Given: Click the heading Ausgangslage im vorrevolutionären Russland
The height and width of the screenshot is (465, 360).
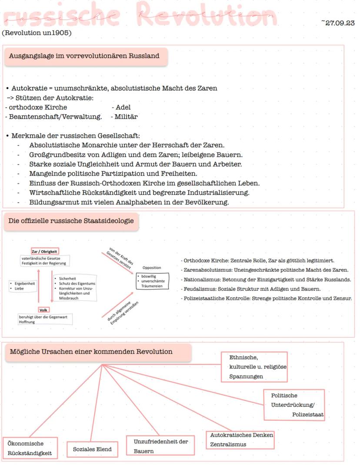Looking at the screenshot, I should pos(84,56).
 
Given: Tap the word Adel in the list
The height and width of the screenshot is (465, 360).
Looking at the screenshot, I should pos(123,107).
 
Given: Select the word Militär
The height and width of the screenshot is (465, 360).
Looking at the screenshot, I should pos(126,117).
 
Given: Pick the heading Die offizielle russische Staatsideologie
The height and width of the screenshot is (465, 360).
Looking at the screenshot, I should pos(71,221).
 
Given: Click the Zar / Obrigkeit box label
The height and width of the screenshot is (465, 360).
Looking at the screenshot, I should pos(45,251).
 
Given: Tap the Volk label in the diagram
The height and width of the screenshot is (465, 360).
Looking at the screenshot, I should pos(43,310).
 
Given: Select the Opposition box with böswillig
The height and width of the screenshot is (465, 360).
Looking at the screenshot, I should pos(152,278).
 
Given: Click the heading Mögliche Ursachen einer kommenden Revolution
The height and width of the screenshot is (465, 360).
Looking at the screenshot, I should pos(91,352).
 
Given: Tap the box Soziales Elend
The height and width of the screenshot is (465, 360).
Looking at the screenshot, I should pos(92,449).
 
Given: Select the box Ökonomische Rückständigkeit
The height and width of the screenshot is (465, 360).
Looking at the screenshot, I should pos(30,448).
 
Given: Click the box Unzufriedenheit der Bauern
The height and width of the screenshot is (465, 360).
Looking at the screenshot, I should pos(160,446).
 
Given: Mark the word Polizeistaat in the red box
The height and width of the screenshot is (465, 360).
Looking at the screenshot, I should pos(308,415).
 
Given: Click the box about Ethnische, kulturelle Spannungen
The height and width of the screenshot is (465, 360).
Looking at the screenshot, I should pos(254,367).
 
